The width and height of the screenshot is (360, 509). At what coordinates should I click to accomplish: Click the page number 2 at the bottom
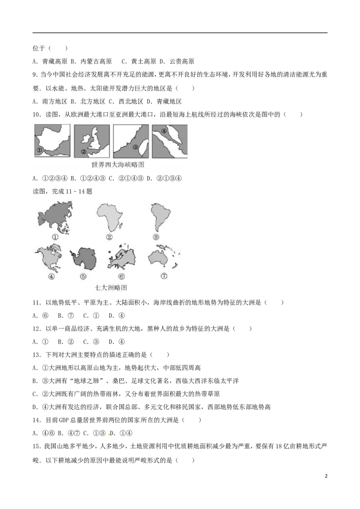tap(326, 476)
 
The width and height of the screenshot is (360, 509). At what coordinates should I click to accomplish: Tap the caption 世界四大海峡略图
tap(117, 165)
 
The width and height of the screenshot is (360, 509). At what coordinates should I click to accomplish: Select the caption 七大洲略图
tap(110, 287)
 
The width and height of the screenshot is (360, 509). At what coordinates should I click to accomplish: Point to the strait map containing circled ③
tap(131, 141)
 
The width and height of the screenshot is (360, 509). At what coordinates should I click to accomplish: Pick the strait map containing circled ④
tap(170, 141)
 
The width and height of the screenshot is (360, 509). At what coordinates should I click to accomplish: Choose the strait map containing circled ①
tap(52, 141)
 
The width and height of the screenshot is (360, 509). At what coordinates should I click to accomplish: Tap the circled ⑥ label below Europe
tap(121, 277)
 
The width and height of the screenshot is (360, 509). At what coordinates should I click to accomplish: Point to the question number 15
tap(37, 446)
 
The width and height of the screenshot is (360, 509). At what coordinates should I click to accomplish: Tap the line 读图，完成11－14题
tap(63, 192)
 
